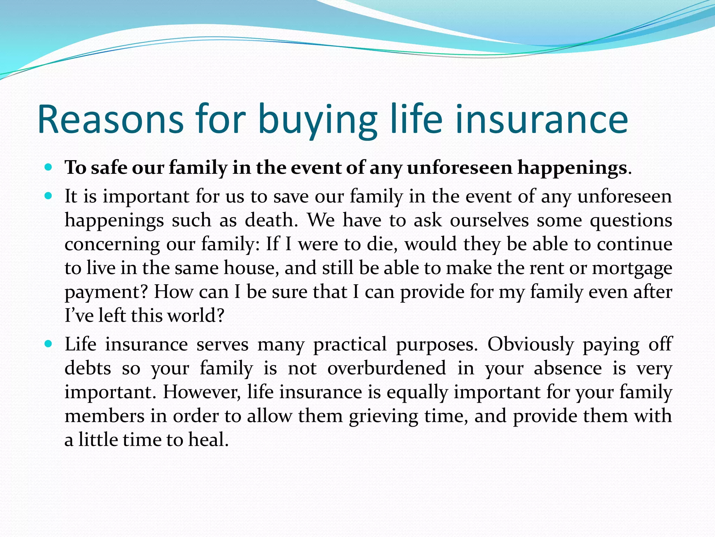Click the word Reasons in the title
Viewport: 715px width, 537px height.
[110, 120]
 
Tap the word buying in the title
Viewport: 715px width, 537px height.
[317, 120]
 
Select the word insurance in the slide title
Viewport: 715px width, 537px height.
[542, 120]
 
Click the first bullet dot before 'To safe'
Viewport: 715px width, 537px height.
[49, 167]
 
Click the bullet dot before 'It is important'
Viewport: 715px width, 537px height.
[49, 196]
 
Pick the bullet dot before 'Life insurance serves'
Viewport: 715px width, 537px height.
[49, 344]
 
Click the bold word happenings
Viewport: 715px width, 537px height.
[572, 168]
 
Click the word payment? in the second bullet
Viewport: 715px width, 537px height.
[107, 292]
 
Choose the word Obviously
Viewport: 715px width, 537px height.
[531, 345]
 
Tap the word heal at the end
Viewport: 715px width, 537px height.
[208, 440]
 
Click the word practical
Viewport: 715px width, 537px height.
[350, 345]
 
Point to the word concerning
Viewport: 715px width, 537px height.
[112, 245]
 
